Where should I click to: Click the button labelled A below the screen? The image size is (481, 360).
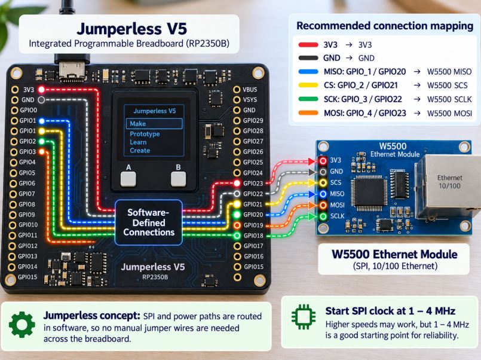click(128, 179)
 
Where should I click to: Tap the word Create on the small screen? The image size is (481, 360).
click(140, 150)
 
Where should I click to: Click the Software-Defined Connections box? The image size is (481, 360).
click(149, 222)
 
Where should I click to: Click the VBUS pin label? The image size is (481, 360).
click(250, 90)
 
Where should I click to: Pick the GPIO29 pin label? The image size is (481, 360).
click(253, 121)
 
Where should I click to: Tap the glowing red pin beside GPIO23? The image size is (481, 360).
click(237, 183)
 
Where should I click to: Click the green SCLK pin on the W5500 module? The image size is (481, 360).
click(323, 216)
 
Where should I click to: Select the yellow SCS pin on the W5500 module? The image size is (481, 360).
click(323, 182)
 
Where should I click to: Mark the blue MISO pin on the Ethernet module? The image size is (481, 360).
click(323, 194)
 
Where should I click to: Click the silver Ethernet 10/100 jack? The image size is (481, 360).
click(448, 187)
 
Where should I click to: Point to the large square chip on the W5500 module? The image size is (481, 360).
click(369, 193)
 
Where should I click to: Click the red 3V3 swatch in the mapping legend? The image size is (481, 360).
click(308, 45)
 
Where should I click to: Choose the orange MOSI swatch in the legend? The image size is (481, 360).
click(308, 113)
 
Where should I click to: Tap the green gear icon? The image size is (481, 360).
click(22, 325)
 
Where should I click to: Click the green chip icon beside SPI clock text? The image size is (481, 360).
click(304, 317)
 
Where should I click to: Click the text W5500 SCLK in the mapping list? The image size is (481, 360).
click(449, 99)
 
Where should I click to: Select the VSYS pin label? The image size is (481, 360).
click(250, 100)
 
